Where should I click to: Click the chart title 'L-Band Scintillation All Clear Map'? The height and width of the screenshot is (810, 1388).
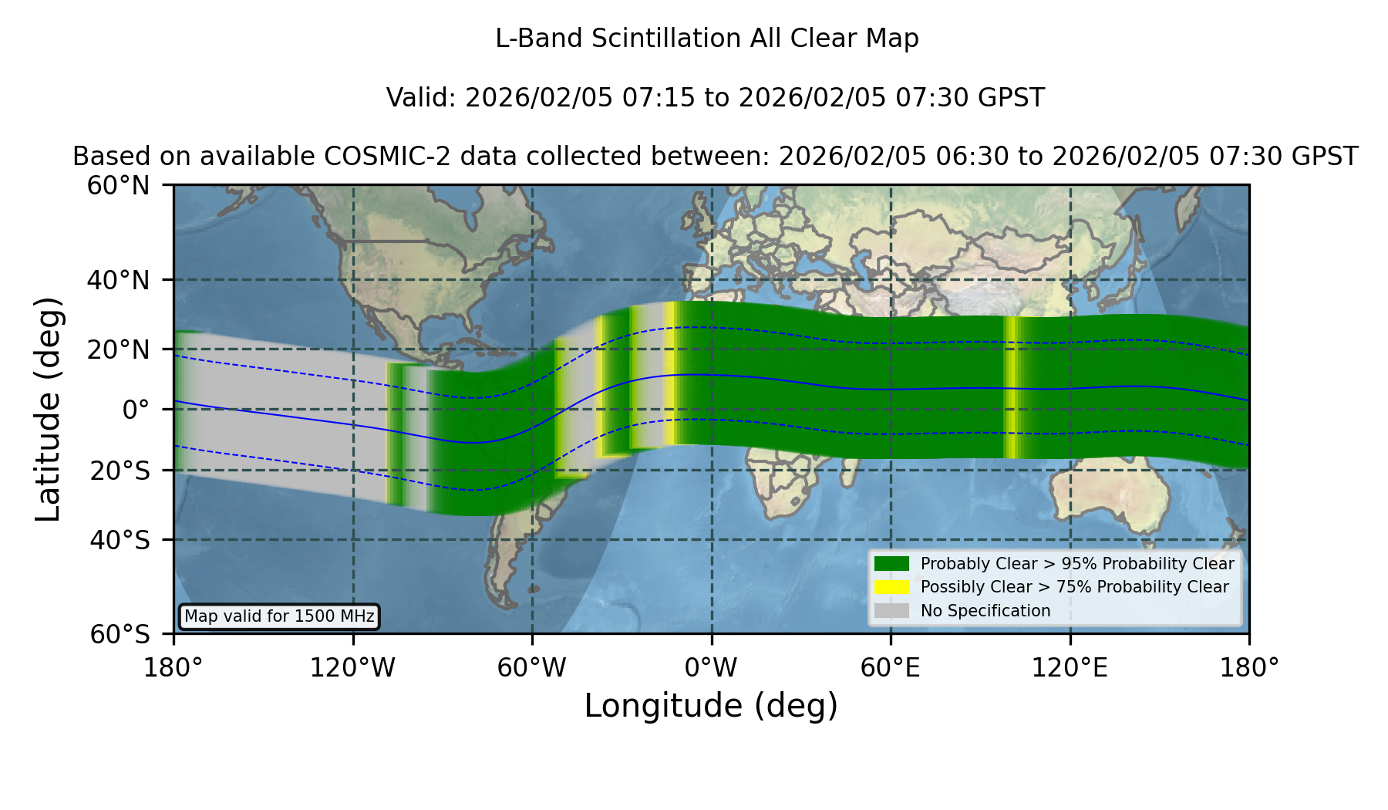pyautogui.click(x=707, y=39)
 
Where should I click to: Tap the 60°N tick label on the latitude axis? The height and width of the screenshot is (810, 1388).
pyautogui.click(x=119, y=186)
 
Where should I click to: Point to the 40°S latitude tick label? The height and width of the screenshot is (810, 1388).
pyautogui.click(x=120, y=540)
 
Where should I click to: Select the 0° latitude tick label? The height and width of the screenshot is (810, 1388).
pyautogui.click(x=136, y=410)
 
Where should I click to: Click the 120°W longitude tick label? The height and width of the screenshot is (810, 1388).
pyautogui.click(x=352, y=668)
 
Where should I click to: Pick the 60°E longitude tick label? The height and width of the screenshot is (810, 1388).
pyautogui.click(x=891, y=668)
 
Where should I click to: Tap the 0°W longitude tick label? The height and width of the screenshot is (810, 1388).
pyautogui.click(x=711, y=668)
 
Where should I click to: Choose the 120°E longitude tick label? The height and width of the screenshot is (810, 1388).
pyautogui.click(x=1070, y=668)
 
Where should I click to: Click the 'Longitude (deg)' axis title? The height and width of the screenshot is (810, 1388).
pyautogui.click(x=711, y=706)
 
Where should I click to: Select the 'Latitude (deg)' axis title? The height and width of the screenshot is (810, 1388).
pyautogui.click(x=49, y=409)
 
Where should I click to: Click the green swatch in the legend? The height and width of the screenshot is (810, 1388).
pyautogui.click(x=891, y=564)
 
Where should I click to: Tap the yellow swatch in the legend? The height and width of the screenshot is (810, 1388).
pyautogui.click(x=891, y=587)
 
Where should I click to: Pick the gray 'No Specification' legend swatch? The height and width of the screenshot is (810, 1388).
pyautogui.click(x=891, y=611)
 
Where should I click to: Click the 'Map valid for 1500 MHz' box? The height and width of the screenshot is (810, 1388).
pyautogui.click(x=279, y=616)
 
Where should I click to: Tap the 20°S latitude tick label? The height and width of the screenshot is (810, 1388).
pyautogui.click(x=120, y=471)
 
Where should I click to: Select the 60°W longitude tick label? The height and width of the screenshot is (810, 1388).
pyautogui.click(x=532, y=668)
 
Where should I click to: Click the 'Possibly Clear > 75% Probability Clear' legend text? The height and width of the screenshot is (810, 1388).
pyautogui.click(x=1075, y=587)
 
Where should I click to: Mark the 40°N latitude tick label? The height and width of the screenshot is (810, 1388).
pyautogui.click(x=119, y=280)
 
